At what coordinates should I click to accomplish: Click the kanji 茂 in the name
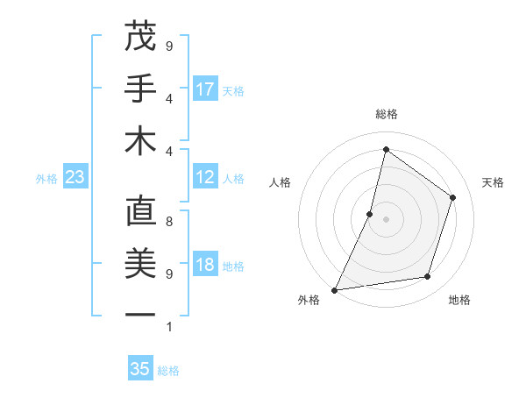[x=140, y=36]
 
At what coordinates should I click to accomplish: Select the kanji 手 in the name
[x=140, y=89]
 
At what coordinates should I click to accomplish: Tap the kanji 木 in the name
[x=140, y=141]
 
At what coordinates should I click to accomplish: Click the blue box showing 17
[x=205, y=89]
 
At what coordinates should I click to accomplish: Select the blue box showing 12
[x=205, y=178]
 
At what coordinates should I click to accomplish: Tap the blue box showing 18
[x=205, y=266]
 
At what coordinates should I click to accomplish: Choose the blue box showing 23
[x=75, y=178]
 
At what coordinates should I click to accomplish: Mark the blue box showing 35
[x=140, y=369]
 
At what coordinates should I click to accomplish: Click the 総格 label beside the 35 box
[x=168, y=371]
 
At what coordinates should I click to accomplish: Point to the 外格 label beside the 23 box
[x=46, y=179]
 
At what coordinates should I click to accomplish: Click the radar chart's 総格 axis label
[x=386, y=114]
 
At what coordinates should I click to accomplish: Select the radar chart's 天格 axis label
[x=493, y=182]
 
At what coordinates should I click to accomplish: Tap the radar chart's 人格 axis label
[x=280, y=182]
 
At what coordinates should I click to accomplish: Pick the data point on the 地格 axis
[x=428, y=277]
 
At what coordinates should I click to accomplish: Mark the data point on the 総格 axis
[x=386, y=149]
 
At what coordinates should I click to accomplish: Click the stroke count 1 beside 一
[x=168, y=327]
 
